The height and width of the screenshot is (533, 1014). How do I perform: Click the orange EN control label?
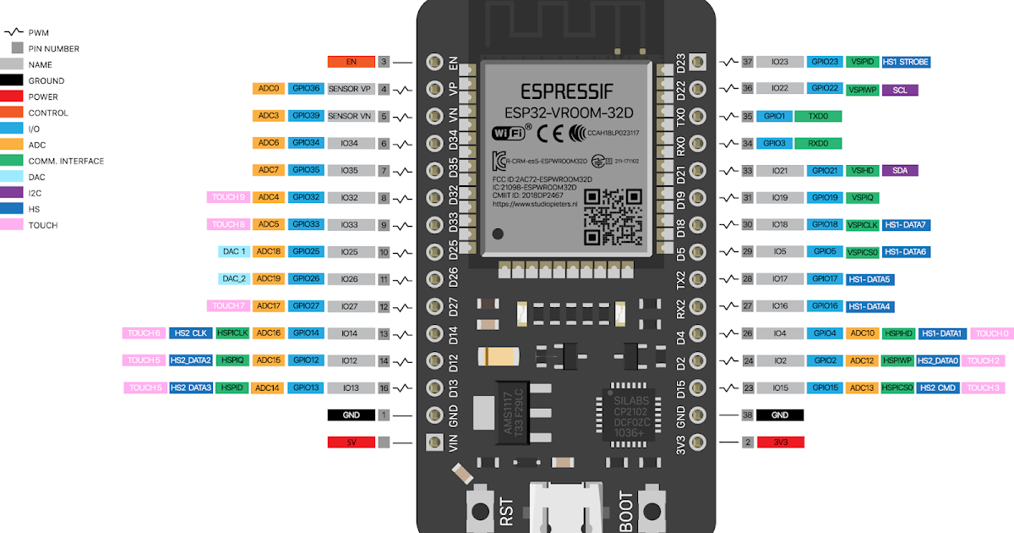click(351, 62)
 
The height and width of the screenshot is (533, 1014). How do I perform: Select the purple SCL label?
click(899, 89)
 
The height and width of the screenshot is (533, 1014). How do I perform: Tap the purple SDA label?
click(899, 170)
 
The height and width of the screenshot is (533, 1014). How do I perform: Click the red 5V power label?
click(351, 442)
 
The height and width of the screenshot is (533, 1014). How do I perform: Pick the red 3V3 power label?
click(780, 442)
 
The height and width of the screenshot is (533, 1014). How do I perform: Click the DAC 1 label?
click(234, 251)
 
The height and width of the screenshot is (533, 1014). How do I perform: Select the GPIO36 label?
click(304, 89)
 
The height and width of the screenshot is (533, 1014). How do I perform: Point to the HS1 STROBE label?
click(905, 62)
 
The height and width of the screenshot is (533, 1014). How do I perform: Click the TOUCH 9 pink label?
click(228, 197)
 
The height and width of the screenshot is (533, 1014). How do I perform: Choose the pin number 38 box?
click(747, 415)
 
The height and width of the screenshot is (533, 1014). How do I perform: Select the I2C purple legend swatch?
click(17, 193)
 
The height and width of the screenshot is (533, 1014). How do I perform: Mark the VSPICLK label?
click(862, 224)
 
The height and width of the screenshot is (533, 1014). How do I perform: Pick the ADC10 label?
click(862, 333)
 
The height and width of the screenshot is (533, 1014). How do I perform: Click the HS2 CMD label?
click(939, 387)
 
